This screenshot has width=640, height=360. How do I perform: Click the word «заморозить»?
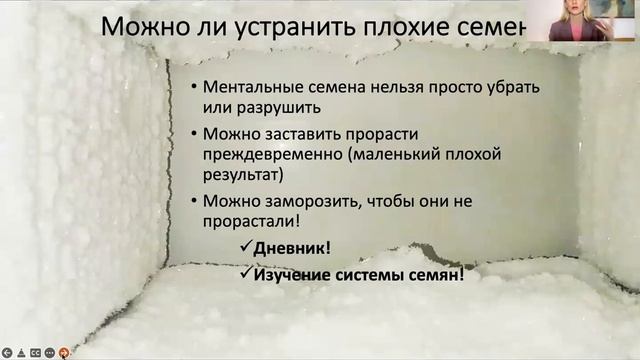click(297, 201)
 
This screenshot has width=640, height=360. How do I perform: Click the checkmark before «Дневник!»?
click(244, 248)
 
